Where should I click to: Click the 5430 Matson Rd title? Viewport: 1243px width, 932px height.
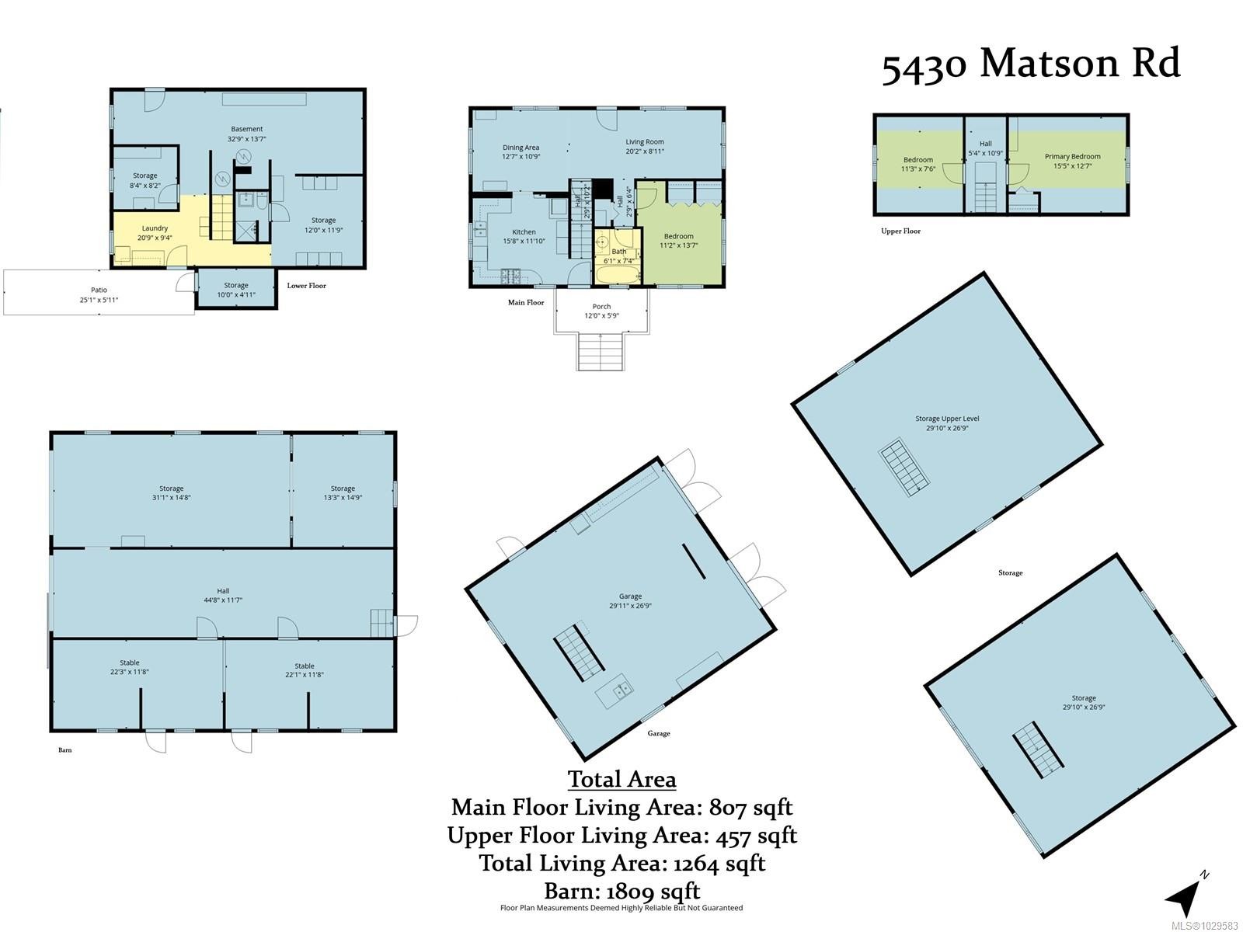pyautogui.click(x=1030, y=64)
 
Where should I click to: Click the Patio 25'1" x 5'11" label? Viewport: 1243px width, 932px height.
pyautogui.click(x=99, y=294)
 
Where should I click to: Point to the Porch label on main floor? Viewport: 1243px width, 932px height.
pyautogui.click(x=601, y=311)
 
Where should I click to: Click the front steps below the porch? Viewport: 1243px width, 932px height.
pyautogui.click(x=601, y=351)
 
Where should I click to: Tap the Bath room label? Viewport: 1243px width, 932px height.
pyautogui.click(x=619, y=256)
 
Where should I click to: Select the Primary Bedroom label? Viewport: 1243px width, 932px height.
pyautogui.click(x=1072, y=161)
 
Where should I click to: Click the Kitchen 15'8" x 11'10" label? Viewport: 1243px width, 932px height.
pyautogui.click(x=524, y=236)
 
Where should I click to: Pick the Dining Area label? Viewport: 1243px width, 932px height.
pyautogui.click(x=521, y=151)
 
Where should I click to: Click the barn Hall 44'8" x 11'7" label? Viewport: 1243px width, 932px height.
pyautogui.click(x=223, y=595)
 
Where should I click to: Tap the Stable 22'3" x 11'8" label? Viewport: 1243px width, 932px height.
pyautogui.click(x=130, y=667)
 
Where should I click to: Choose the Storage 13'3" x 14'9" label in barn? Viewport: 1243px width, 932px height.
pyautogui.click(x=343, y=492)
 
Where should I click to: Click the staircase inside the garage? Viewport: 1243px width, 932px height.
pyautogui.click(x=579, y=652)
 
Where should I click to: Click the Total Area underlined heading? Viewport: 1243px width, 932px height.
pyautogui.click(x=621, y=779)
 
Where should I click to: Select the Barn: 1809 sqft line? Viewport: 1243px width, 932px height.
pyautogui.click(x=621, y=891)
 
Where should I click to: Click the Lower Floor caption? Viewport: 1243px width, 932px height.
pyautogui.click(x=306, y=286)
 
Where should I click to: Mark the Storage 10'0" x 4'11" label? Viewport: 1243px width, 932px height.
pyautogui.click(x=236, y=290)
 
